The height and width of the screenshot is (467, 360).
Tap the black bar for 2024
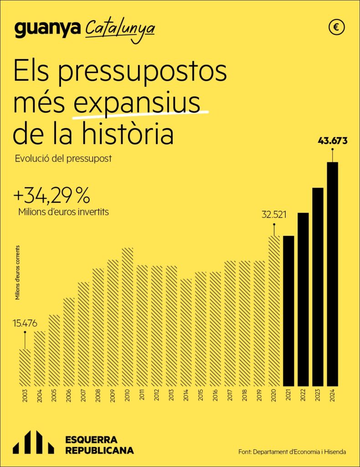point(333,274)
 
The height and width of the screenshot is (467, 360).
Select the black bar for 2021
point(288,310)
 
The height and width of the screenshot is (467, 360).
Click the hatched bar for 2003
point(25,367)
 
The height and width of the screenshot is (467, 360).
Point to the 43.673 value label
point(333,141)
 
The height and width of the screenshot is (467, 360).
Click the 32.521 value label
point(274,214)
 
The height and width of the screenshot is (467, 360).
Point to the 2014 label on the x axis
point(186,395)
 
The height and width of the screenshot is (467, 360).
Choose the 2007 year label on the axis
point(83,395)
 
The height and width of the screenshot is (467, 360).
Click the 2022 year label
point(303,395)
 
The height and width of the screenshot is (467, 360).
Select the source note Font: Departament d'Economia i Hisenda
point(292,451)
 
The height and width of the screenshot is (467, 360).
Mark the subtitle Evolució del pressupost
point(63,159)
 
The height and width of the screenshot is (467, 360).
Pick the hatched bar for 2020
point(274,310)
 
